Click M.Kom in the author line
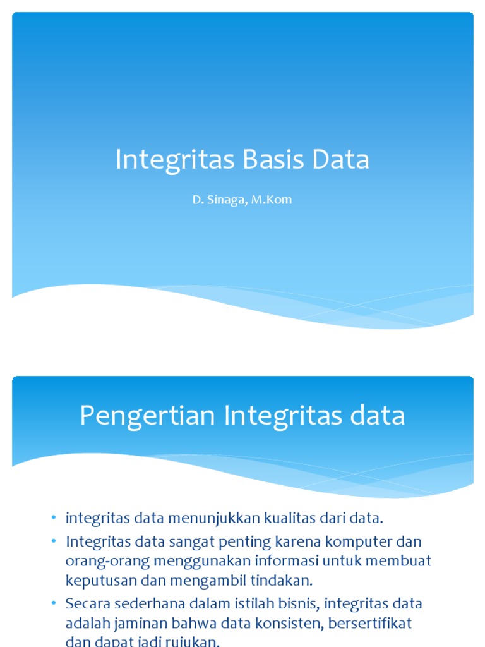point(272,200)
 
